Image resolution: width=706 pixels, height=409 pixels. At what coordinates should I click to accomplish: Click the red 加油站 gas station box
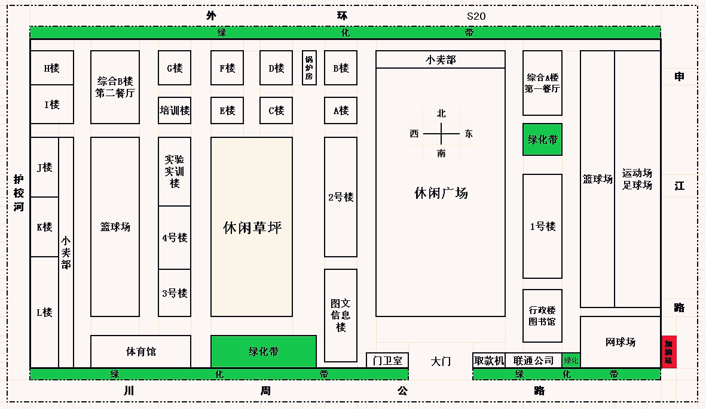[668, 352]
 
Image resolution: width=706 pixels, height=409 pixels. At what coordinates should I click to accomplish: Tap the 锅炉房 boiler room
[309, 67]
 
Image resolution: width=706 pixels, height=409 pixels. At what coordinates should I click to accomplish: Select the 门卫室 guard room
[387, 361]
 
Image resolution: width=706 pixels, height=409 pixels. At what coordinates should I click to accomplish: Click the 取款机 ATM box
[489, 361]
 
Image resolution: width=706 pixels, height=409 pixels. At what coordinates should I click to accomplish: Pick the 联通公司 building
[534, 361]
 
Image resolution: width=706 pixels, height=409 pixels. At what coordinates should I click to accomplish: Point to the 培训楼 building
[175, 110]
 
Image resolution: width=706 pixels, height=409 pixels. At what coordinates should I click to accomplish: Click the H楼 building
[52, 68]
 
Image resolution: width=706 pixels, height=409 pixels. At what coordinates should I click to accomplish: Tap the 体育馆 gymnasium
[140, 352]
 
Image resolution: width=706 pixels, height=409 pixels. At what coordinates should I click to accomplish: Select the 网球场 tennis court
[621, 342]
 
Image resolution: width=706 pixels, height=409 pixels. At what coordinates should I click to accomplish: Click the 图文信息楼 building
[341, 315]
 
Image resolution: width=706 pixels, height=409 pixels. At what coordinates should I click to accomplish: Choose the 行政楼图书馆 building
[542, 315]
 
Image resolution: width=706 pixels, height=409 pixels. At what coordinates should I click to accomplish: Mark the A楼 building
[341, 110]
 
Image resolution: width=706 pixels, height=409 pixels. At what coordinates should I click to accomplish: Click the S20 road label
[476, 16]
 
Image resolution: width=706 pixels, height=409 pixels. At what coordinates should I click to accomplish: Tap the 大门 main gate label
[441, 361]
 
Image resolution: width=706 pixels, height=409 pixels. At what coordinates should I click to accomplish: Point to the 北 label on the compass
[441, 113]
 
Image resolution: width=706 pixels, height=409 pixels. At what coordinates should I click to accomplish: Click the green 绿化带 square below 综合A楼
[542, 140]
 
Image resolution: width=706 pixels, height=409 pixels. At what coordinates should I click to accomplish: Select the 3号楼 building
[175, 293]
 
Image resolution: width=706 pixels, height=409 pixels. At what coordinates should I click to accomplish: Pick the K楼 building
[45, 227]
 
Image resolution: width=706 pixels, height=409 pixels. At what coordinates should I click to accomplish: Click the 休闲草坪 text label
[252, 227]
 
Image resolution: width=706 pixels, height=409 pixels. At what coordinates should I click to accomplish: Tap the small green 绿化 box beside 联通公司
[571, 361]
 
